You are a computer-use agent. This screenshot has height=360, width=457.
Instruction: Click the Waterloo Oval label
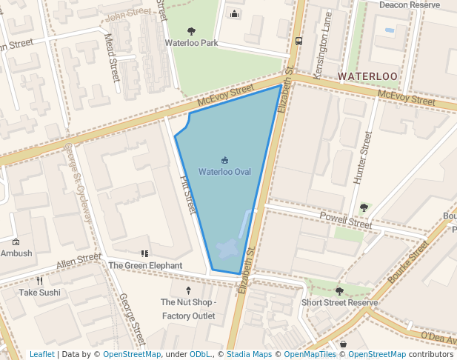(x=224, y=172)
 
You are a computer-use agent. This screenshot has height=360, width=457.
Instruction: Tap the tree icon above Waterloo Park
(x=192, y=31)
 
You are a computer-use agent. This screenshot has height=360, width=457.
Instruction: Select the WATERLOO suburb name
(x=368, y=76)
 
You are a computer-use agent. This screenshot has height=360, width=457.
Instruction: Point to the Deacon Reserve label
(x=410, y=4)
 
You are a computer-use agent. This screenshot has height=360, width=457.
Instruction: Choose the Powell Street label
(x=346, y=219)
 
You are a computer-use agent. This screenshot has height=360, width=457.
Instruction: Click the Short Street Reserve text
(x=339, y=302)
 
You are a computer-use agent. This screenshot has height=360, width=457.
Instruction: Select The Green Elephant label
(x=145, y=265)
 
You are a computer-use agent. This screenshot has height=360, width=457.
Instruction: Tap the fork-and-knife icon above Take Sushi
(x=40, y=281)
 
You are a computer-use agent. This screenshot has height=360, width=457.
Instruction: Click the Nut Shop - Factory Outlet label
(x=188, y=309)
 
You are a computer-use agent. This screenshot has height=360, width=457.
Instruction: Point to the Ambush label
(x=16, y=253)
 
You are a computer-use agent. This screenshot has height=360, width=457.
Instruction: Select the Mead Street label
(x=112, y=57)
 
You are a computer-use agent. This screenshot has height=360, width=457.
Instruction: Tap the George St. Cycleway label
(x=77, y=181)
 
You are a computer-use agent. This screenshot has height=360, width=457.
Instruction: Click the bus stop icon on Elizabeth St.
(x=298, y=41)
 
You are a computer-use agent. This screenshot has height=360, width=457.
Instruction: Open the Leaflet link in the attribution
(x=42, y=354)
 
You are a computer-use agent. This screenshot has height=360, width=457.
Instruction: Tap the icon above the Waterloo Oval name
(x=224, y=160)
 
